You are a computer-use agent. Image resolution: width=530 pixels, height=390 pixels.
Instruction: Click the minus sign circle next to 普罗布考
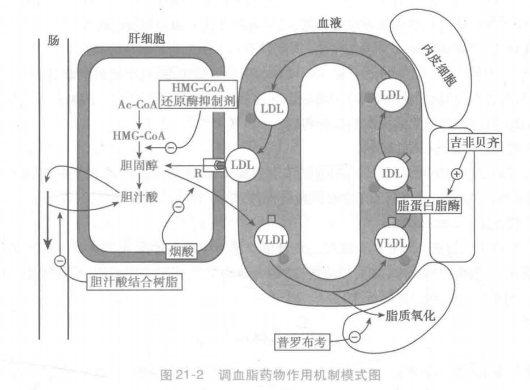click(354, 337)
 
